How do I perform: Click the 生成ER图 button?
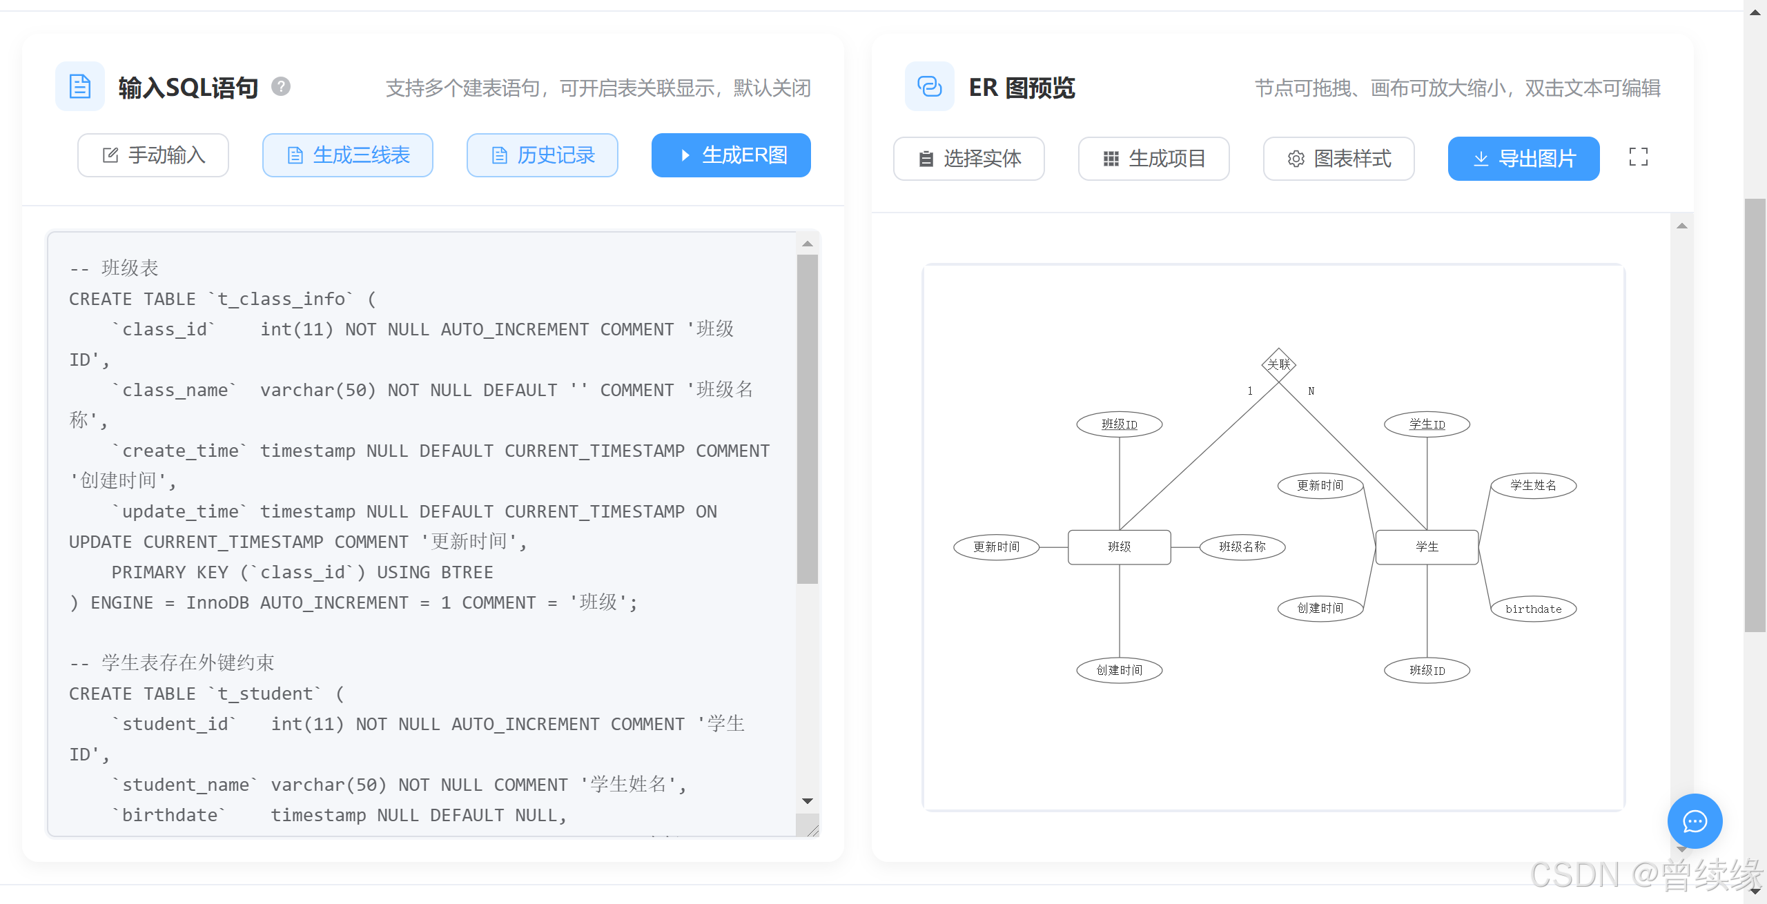coord(731,155)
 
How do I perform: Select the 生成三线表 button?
coord(348,155)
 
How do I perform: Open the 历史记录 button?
coord(543,155)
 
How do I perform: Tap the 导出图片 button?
coord(1523,159)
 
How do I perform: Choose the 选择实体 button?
coord(968,159)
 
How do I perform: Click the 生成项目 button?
coord(1153,159)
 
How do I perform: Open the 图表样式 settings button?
coord(1338,159)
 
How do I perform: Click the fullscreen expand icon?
coord(1638,157)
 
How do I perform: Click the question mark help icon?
coord(281,87)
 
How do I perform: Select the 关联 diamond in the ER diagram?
coord(1278,364)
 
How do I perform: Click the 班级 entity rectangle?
coord(1119,547)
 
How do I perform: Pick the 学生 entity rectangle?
coord(1427,547)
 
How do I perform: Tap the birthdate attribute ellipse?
coord(1533,609)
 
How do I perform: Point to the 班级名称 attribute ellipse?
coord(1242,547)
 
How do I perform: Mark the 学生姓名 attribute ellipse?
coord(1533,486)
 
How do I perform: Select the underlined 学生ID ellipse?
coord(1427,424)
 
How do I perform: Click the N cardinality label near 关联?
coord(1311,391)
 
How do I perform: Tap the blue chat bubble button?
coord(1695,821)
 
